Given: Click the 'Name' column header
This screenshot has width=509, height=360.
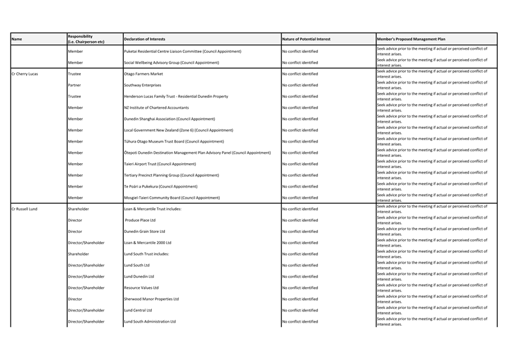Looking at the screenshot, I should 17,39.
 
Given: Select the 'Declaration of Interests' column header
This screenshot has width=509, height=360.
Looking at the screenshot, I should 144,39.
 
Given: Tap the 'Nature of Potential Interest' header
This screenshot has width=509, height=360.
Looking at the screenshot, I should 306,39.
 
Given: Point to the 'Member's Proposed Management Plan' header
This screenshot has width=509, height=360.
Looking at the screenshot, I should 411,39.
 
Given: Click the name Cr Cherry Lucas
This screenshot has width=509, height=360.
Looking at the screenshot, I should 25,74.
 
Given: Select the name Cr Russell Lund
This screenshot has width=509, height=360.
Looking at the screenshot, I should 25,209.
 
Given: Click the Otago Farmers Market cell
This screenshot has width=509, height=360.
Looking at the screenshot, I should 143,74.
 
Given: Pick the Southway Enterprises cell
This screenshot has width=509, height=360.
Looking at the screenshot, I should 142,85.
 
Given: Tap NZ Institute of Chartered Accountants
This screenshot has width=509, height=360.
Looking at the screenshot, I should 156,108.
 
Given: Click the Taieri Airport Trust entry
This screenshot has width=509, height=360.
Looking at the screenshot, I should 160,164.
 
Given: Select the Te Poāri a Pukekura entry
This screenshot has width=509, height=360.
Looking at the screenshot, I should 161,186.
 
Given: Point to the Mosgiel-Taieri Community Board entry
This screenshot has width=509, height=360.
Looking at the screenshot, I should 172,197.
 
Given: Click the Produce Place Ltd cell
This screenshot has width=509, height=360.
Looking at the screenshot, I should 141,220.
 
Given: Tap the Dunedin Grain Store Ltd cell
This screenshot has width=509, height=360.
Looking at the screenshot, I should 144,232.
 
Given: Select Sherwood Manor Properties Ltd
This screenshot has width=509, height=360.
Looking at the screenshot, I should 151,299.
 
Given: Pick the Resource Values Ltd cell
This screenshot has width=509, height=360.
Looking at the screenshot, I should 141,288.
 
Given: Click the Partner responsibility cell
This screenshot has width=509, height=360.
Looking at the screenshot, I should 74,85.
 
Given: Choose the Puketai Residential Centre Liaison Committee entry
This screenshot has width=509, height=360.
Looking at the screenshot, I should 182,52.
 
